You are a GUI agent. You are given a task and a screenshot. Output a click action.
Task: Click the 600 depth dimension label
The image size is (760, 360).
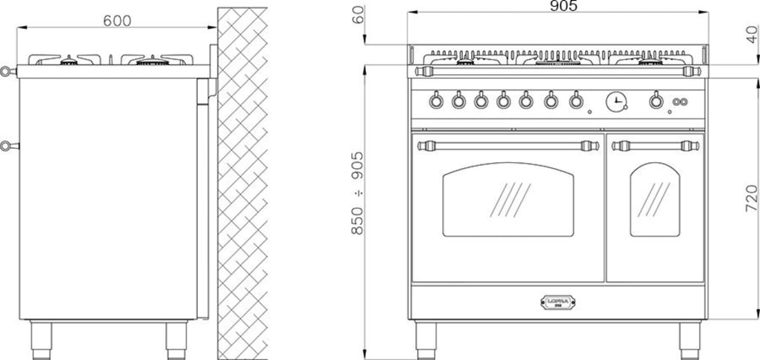pos(117,21)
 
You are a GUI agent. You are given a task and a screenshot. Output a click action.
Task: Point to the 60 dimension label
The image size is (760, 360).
pos(360,15)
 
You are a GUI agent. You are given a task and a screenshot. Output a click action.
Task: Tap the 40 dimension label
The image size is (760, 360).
pos(753,34)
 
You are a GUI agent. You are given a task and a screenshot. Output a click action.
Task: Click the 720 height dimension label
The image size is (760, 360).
pos(751,199)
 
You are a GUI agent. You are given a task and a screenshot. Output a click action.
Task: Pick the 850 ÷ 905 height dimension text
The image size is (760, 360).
pos(358,193)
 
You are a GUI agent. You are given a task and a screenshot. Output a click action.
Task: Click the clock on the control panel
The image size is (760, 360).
pos(616,101)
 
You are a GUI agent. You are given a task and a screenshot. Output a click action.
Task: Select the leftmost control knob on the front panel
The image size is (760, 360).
pos(436,100)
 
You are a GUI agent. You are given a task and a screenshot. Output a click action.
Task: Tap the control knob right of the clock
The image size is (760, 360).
pos(656,100)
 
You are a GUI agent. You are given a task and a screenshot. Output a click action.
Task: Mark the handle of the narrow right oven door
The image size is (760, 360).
pos(655,145)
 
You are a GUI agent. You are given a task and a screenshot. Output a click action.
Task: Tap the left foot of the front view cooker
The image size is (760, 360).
pos(426,337)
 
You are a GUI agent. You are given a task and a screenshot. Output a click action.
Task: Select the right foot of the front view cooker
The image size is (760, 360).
pos(690,337)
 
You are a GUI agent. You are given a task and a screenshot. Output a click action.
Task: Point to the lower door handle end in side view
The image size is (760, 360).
pos(7,145)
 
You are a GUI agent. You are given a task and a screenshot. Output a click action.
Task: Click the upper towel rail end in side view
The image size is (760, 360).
pos(7,72)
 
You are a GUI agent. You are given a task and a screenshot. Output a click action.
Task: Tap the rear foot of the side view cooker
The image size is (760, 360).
pos(176,338)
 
